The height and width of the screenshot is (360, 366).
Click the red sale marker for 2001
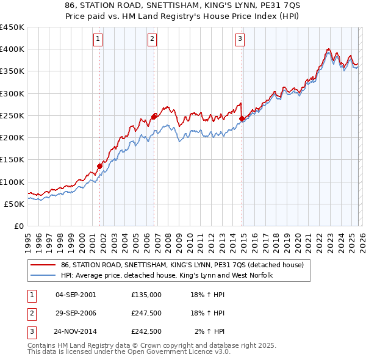pos(99,166)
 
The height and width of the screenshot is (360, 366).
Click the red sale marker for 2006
pos(154,116)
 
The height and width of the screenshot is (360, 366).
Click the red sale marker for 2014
pos(242,118)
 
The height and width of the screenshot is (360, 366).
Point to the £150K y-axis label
pos(12,160)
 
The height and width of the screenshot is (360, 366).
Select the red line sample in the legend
pos(43,265)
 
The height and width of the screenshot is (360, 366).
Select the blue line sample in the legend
pos(43,276)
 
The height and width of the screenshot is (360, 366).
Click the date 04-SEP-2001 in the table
pos(76,295)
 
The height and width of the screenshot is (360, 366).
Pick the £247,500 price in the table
pos(146,313)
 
